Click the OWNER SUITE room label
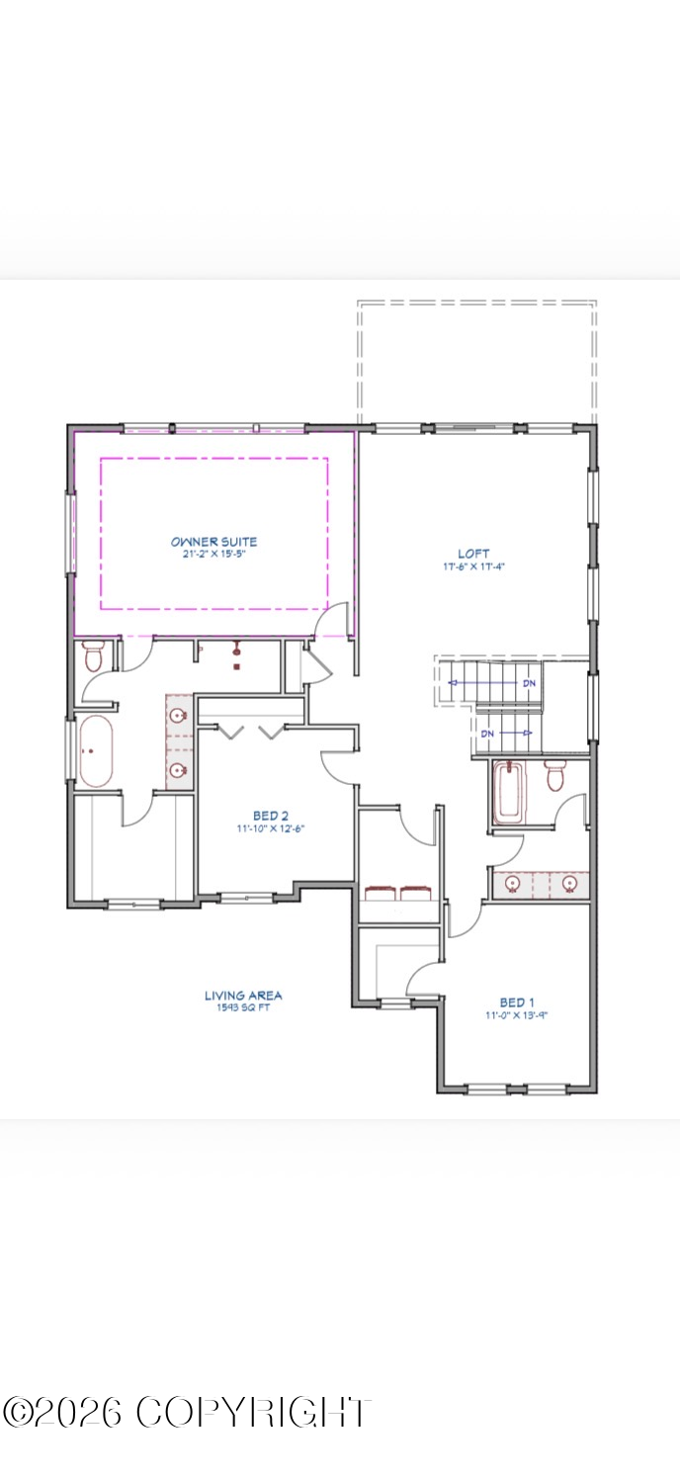click(213, 542)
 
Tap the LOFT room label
click(473, 554)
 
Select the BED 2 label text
click(270, 816)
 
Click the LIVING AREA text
click(243, 996)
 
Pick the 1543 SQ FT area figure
click(243, 1008)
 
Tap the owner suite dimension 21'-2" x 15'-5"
click(213, 555)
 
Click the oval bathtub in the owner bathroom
click(96, 751)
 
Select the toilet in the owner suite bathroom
click(94, 655)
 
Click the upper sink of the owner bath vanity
click(179, 717)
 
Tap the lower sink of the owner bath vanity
click(179, 770)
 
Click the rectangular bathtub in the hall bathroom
click(509, 793)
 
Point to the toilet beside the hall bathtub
click(554, 775)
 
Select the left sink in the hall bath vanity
click(513, 884)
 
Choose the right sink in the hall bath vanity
click(568, 884)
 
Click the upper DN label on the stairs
click(530, 683)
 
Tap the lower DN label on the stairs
click(487, 734)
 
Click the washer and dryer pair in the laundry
click(398, 894)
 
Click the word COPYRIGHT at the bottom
click(253, 1412)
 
